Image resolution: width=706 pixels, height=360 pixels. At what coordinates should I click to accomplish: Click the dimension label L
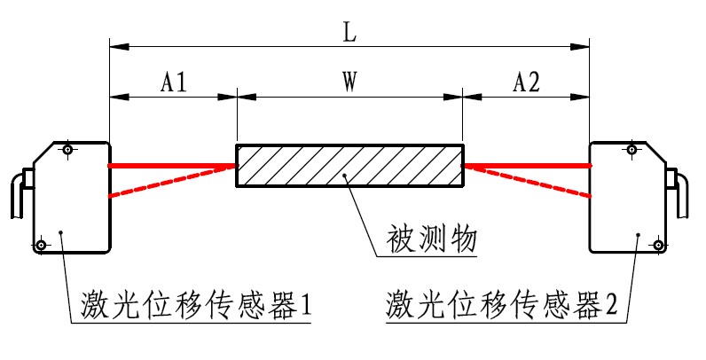click(x=349, y=32)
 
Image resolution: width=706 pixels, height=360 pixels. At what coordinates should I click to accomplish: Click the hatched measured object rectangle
click(x=349, y=165)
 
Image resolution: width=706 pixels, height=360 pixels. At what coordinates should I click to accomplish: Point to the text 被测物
click(x=432, y=239)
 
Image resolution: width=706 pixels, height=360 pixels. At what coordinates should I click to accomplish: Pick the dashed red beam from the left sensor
click(x=169, y=180)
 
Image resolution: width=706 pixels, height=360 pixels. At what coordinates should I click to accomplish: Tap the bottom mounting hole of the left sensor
click(x=41, y=243)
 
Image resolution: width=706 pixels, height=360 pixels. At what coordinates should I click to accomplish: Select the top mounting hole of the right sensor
click(x=631, y=150)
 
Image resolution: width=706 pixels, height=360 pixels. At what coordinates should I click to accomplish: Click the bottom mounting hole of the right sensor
click(x=657, y=243)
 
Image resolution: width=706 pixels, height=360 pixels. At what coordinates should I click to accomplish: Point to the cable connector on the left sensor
click(x=18, y=195)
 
